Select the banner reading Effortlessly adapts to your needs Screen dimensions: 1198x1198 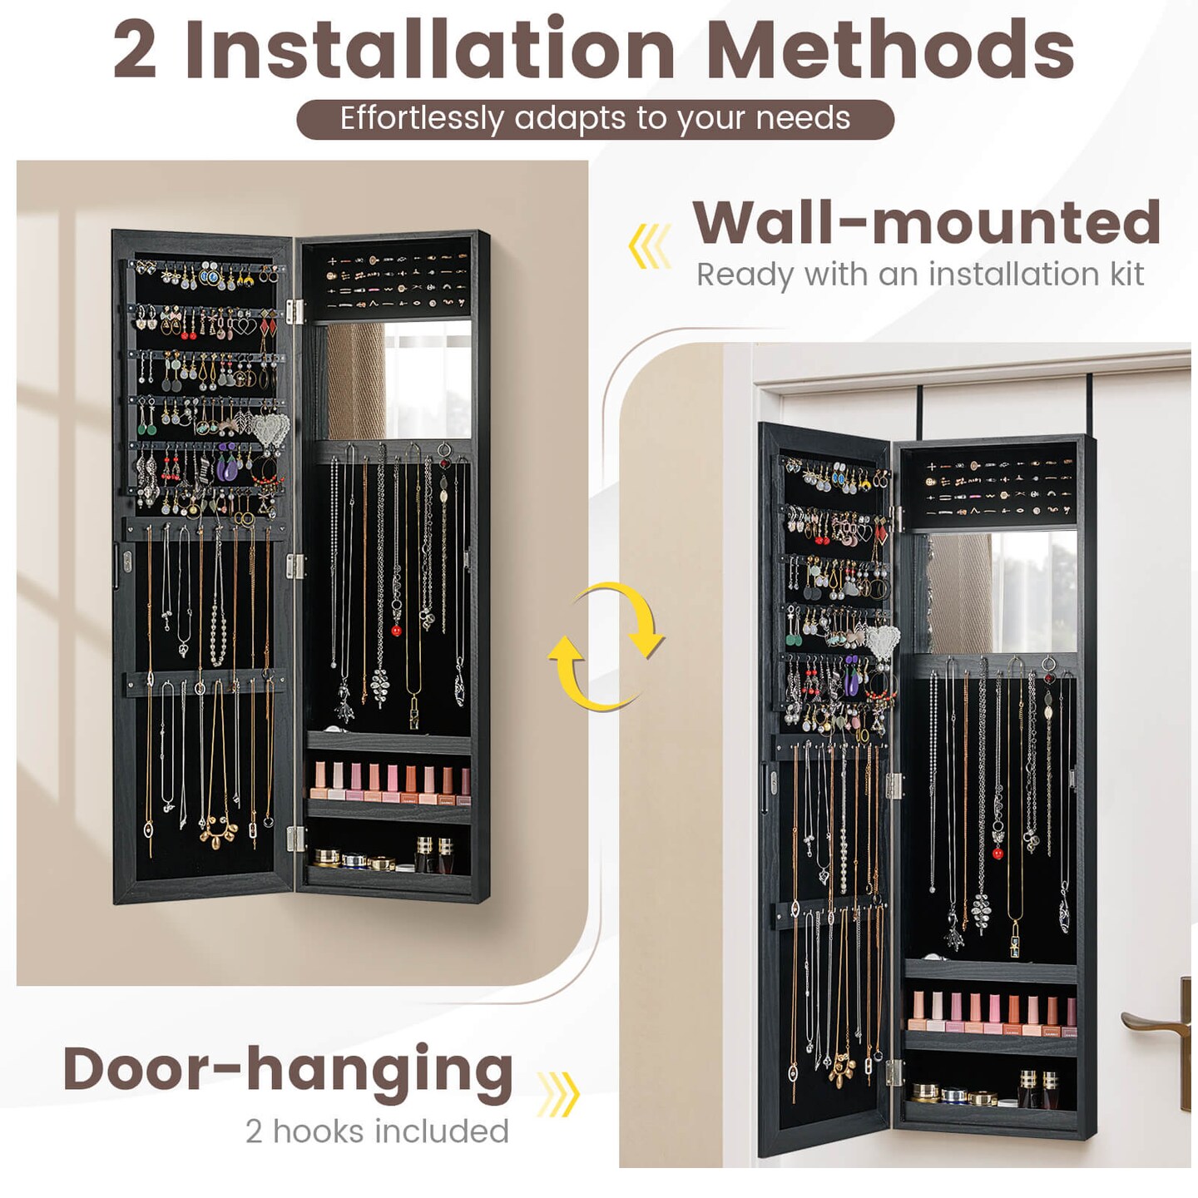coord(595,119)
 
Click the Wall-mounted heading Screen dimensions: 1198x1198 coord(926,223)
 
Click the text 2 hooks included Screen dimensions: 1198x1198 coord(377,1131)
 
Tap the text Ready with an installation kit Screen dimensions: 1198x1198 coord(919,275)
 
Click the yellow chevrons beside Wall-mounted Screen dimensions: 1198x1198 coord(650,245)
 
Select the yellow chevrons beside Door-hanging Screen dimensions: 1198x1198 coord(557,1093)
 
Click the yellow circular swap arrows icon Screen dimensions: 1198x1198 coord(606,646)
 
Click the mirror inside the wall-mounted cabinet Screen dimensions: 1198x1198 coord(398,380)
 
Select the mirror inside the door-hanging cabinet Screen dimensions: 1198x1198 coord(1002,592)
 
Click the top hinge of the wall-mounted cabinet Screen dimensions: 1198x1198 coord(294,311)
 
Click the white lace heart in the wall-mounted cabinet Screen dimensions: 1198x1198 coord(270,429)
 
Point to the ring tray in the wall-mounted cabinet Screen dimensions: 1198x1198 coord(396,280)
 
